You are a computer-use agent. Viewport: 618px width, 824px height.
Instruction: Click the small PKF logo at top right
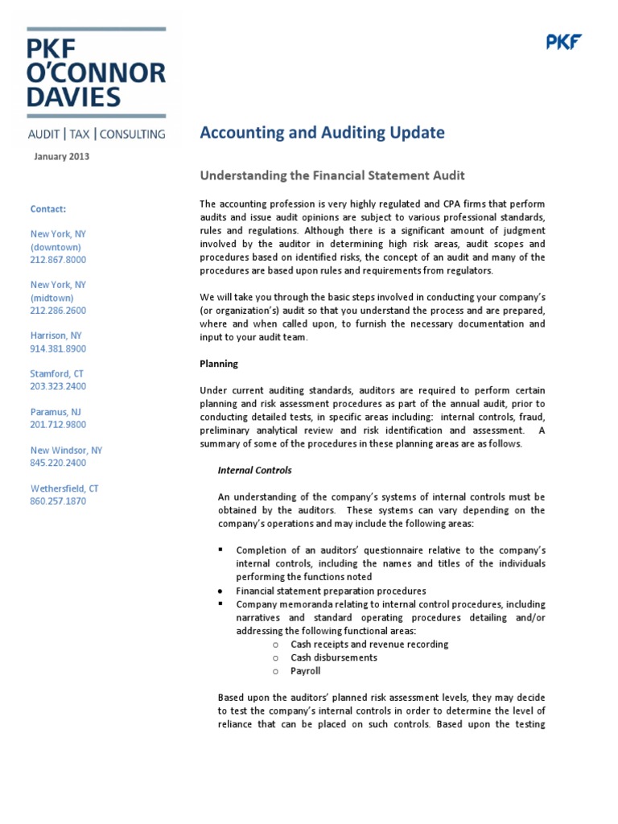pos(564,43)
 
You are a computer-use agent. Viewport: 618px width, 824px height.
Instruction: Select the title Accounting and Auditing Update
pos(322,133)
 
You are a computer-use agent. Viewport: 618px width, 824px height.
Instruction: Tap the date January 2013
pos(62,157)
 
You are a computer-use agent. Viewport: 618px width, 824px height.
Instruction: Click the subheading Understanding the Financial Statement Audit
pos(332,175)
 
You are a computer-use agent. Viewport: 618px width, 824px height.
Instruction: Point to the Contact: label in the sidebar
pos(48,208)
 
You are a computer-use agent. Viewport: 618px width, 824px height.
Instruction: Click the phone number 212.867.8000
pos(58,260)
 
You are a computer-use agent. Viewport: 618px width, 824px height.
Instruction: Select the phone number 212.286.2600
pos(58,311)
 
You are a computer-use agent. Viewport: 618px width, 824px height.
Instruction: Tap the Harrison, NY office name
pos(56,336)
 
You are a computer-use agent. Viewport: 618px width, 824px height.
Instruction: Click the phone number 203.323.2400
pos(58,386)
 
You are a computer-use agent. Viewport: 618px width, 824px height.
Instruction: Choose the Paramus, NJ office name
pos(55,411)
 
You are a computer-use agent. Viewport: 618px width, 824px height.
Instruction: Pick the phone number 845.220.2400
pos(58,463)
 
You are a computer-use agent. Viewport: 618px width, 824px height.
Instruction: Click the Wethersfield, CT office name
pos(64,488)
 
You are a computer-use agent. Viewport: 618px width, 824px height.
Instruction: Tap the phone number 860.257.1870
pos(58,501)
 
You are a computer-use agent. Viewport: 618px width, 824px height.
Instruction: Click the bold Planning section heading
pos(219,364)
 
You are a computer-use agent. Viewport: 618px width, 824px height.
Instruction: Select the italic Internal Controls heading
pos(255,470)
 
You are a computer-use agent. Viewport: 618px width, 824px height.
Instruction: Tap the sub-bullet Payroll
pos(306,670)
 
